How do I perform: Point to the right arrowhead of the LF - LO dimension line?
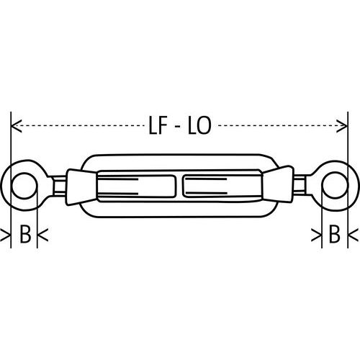pyautogui.click(x=343, y=127)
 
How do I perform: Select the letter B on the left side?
pyautogui.click(x=24, y=235)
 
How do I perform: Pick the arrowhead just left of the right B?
pyautogui.click(x=317, y=235)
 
